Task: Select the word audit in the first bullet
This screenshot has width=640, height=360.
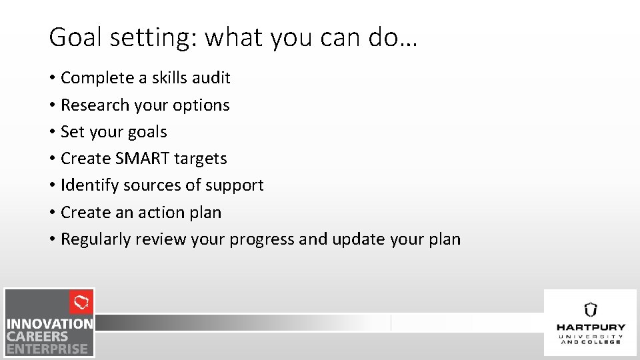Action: click(x=211, y=78)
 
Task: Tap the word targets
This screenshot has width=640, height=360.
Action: click(x=200, y=159)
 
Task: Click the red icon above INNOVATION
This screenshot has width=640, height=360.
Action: click(x=81, y=303)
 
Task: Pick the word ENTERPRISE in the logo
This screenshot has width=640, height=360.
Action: click(x=47, y=349)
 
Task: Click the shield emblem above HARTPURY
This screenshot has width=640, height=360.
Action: click(x=590, y=309)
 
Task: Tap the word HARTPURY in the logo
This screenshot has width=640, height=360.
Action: click(x=591, y=327)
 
